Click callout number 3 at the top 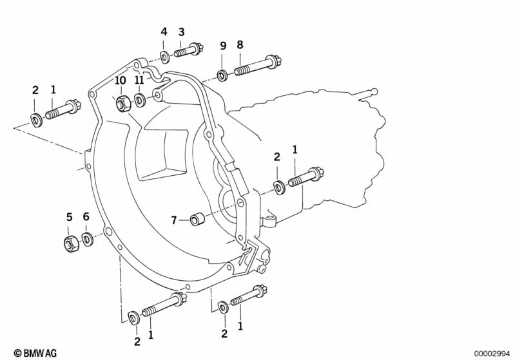182,32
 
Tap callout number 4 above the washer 164,32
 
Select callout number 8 240,45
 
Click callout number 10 121,81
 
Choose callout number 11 139,81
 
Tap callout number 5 70,217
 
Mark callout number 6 86,217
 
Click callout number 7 173,220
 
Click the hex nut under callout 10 121,102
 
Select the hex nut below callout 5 72,243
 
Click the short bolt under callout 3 189,49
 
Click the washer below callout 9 222,76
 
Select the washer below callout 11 139,102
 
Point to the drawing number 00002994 492,353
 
